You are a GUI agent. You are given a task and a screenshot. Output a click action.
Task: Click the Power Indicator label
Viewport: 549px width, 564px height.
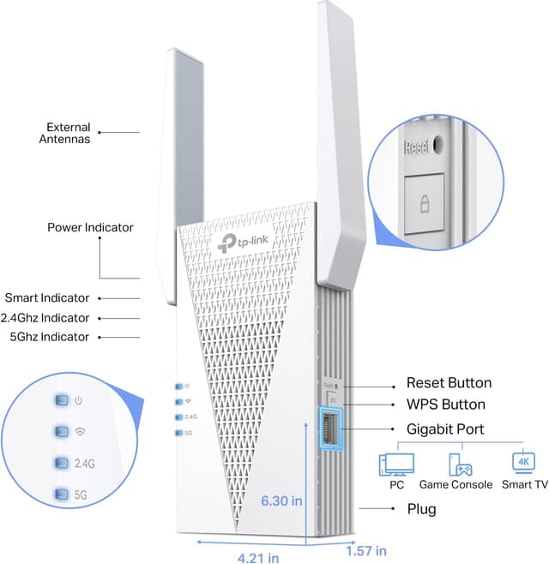90,227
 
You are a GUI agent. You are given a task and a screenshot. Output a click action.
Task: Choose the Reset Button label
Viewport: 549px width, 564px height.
449,383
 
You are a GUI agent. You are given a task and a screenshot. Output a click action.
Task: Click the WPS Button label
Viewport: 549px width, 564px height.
445,404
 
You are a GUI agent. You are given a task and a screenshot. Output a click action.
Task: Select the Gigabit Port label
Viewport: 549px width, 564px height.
445,429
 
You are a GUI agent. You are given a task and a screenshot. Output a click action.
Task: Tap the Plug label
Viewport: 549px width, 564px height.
421,509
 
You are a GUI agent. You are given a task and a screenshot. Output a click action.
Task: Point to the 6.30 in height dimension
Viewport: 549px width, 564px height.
281,501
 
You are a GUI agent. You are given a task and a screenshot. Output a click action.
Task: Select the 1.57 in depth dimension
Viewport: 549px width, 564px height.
366,549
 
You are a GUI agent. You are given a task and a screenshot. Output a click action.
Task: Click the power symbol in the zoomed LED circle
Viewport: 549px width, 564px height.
79,400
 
